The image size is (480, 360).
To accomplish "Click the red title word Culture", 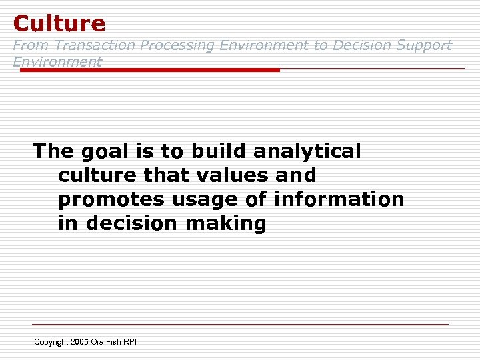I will [x=59, y=23].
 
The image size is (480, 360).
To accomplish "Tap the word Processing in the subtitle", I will [x=177, y=45].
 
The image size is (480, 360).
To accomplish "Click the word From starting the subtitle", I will [x=31, y=45].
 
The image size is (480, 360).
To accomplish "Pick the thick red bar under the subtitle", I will [x=150, y=69].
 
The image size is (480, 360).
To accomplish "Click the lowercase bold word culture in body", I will [x=97, y=175].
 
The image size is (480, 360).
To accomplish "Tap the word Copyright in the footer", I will [x=51, y=342].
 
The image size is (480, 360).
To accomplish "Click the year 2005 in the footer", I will [x=80, y=342].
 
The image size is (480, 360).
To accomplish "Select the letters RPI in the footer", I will [x=129, y=342].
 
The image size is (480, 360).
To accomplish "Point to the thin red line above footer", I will [x=240, y=325].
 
